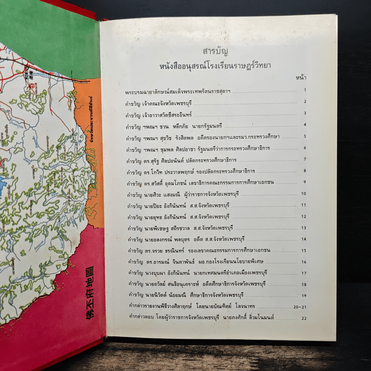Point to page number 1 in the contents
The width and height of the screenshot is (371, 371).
305,90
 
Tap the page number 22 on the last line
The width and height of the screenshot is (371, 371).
304,319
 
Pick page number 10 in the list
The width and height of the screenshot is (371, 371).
304,193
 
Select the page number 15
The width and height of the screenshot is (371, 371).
304,251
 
